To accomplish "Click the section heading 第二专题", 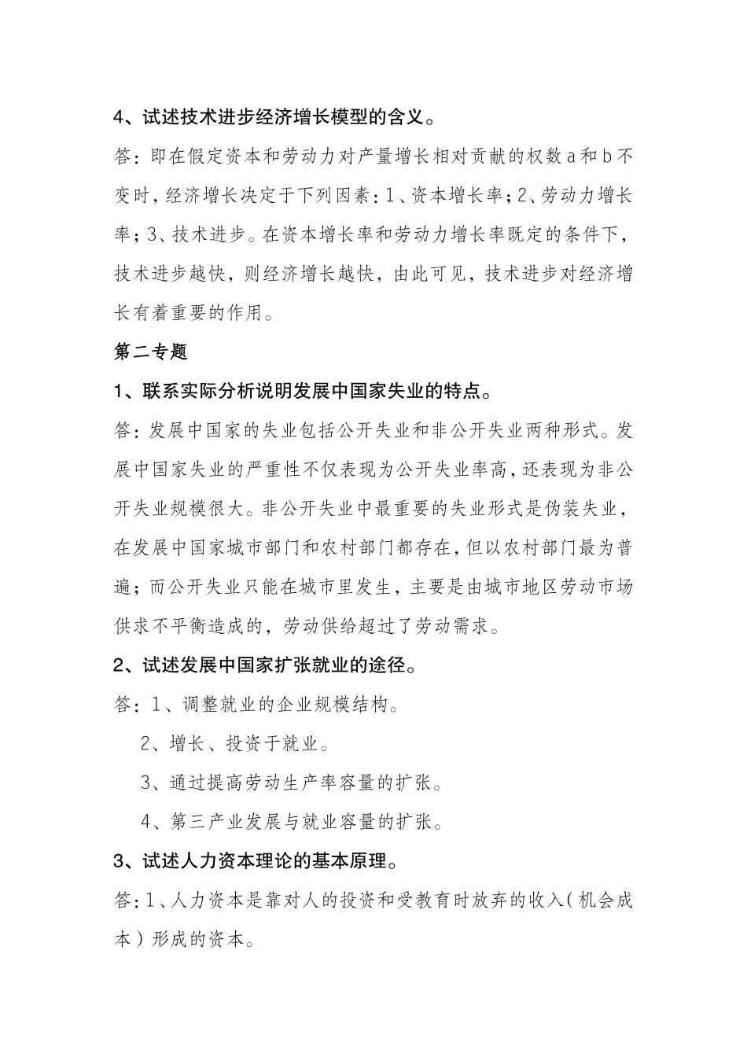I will click(151, 352).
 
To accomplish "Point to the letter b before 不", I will click(606, 157).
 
